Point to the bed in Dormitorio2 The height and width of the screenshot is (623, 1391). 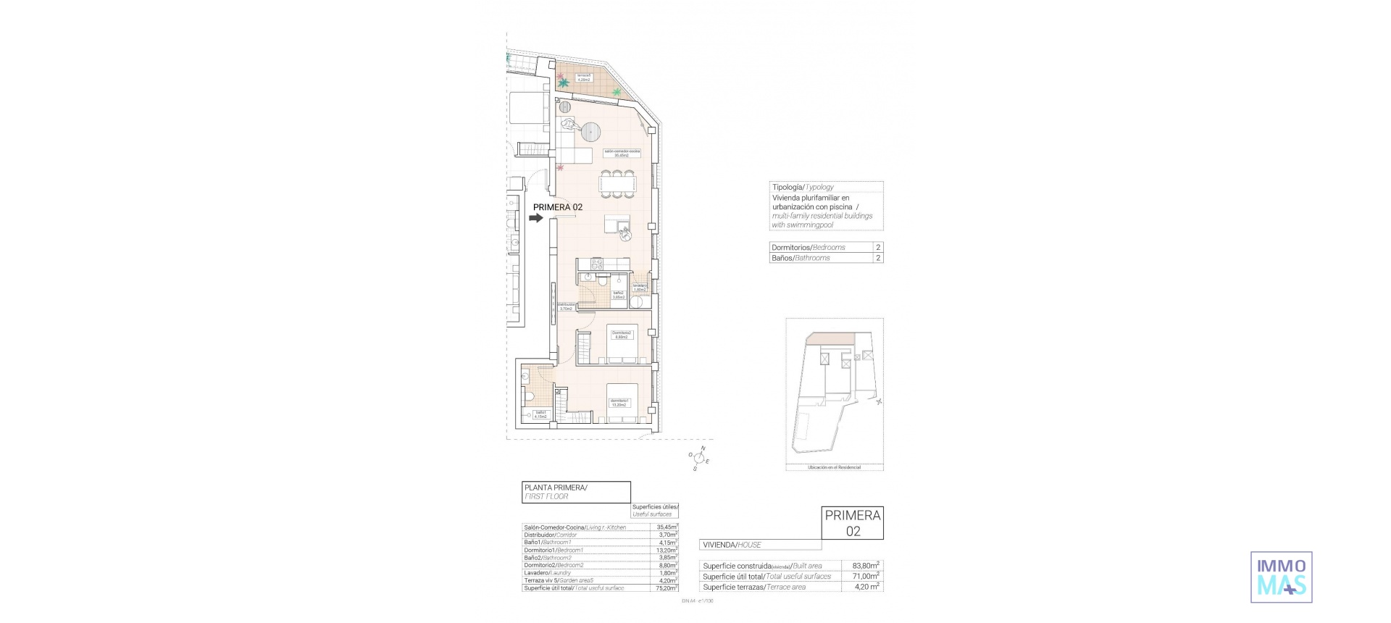pos(622,343)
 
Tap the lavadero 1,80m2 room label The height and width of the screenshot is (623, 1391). pos(640,288)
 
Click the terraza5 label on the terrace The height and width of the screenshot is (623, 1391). pos(584,77)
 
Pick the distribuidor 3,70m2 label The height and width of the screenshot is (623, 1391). pos(566,306)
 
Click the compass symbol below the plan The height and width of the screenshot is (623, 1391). pos(699,458)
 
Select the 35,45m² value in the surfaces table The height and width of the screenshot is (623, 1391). pos(667,527)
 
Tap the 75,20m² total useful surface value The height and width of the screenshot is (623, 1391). pos(667,588)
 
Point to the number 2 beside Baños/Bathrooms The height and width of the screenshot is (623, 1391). pos(878,258)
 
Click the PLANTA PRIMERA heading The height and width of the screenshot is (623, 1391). pos(555,488)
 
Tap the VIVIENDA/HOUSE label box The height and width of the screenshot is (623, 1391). pos(732,545)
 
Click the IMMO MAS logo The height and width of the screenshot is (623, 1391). pos(1282,577)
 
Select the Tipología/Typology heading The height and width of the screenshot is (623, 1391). pos(802,187)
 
